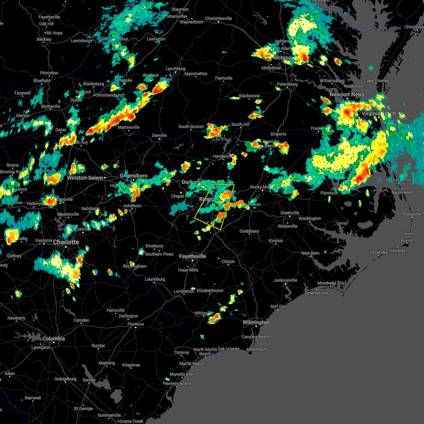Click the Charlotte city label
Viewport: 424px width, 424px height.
66,242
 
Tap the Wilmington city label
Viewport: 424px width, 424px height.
256,323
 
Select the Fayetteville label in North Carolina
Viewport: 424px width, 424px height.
192,257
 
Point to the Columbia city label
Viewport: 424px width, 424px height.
53,338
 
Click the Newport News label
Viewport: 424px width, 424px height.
347,95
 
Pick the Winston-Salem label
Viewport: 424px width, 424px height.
85,178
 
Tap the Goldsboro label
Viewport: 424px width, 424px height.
249,231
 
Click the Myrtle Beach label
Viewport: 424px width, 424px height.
192,364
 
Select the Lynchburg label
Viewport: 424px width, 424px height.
175,69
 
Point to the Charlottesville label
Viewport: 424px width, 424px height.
218,19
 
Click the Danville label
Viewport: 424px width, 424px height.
159,136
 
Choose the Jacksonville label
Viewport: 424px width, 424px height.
285,281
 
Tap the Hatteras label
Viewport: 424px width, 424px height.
397,251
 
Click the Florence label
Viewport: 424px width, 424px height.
136,324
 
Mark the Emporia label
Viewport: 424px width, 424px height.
278,134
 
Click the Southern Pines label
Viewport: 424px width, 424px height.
159,254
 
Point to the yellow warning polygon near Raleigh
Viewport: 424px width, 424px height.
214,207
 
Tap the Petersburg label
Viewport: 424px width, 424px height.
287,84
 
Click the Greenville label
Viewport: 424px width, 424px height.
290,213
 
